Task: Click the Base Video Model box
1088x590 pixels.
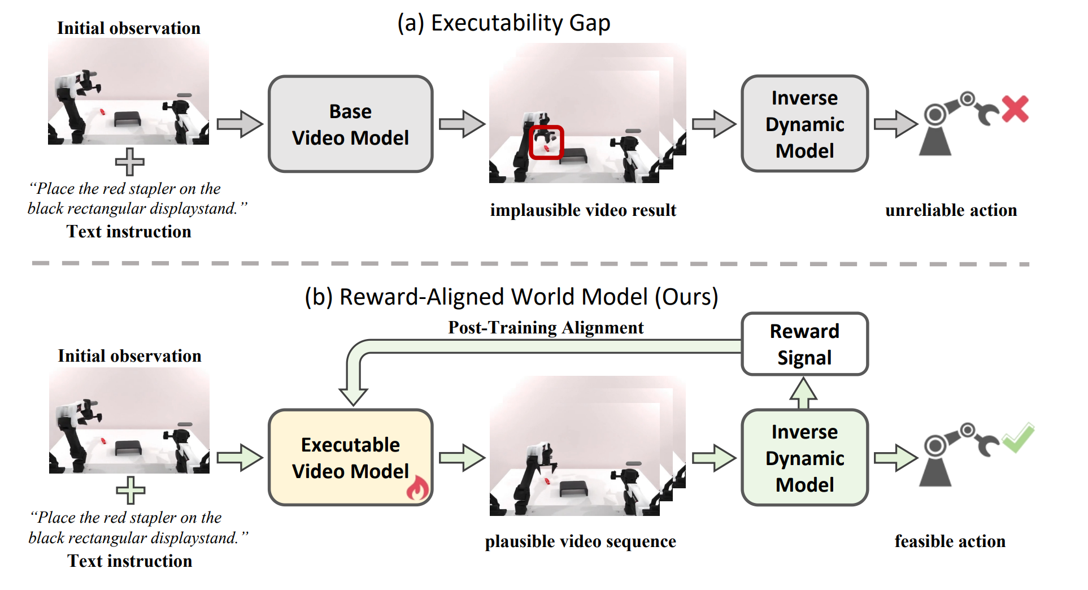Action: pos(350,124)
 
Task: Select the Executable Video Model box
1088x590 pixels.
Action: pos(350,457)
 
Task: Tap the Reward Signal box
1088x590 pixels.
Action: pos(804,344)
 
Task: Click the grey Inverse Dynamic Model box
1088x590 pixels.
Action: pos(804,124)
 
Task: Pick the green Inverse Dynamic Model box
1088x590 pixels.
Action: pos(804,457)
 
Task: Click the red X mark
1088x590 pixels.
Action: pos(1015,109)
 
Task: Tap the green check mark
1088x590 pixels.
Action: pos(1019,438)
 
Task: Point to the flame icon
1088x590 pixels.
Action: pos(418,488)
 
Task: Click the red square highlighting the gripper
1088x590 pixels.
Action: pos(546,142)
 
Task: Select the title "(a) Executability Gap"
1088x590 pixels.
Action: pos(503,23)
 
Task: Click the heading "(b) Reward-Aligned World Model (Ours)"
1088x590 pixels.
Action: pos(511,297)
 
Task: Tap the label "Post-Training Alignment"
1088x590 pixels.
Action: pos(546,328)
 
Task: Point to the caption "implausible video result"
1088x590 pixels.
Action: pos(583,210)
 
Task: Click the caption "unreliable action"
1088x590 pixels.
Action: pos(951,210)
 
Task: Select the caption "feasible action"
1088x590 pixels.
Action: pos(950,541)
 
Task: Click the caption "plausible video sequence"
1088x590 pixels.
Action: pos(580,541)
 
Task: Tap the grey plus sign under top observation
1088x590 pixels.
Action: pos(130,162)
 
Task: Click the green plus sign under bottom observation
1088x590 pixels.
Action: pos(130,490)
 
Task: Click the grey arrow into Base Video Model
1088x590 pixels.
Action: pos(240,124)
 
